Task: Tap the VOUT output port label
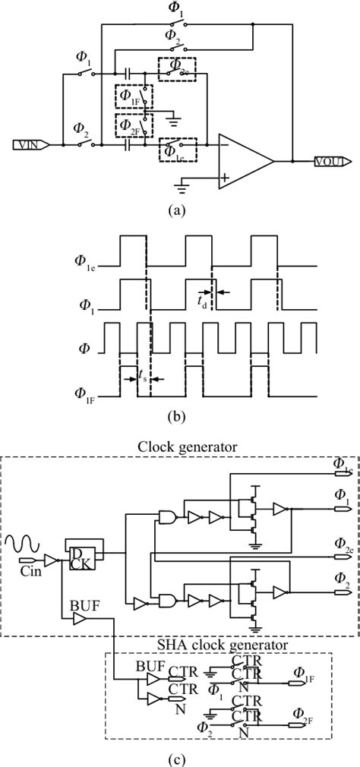(x=333, y=161)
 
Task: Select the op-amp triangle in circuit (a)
(x=243, y=161)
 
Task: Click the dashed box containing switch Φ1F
(x=134, y=96)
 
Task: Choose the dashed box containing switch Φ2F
(x=134, y=123)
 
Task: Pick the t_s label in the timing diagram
(x=142, y=374)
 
